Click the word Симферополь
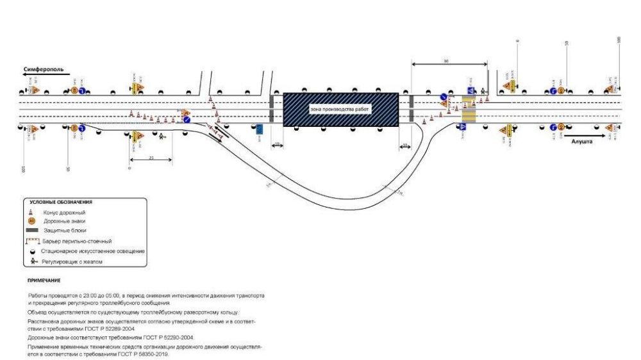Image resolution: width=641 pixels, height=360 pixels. point(44,69)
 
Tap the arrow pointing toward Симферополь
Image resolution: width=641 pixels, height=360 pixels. point(45,75)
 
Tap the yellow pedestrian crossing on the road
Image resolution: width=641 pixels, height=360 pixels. point(469,110)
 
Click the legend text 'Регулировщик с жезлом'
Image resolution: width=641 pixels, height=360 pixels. point(72,261)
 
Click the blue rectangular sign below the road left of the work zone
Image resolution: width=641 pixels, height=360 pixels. point(259,130)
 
